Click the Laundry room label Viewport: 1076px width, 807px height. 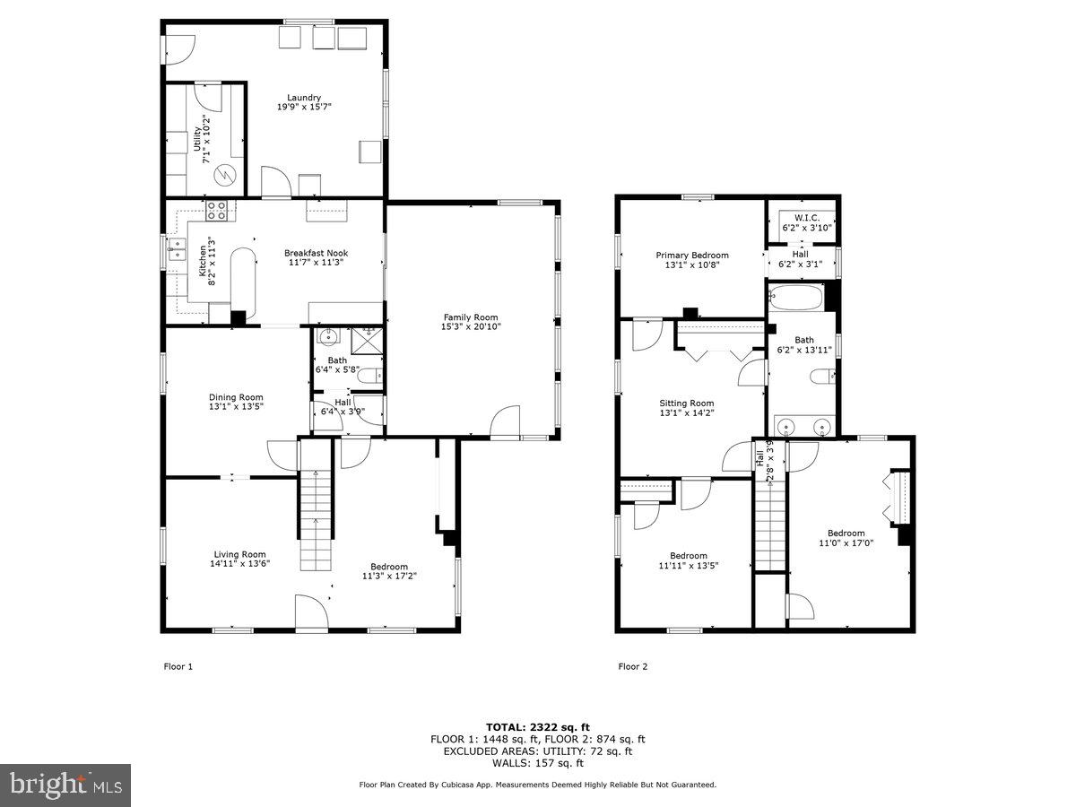pos(304,98)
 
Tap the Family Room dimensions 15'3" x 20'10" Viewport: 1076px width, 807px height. pos(471,327)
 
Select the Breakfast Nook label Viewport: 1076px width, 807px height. pos(316,254)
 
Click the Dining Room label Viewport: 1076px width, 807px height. pos(236,397)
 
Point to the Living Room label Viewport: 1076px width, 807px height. pos(239,554)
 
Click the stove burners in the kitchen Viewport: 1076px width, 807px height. pos(217,212)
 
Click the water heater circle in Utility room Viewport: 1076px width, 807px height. pos(225,174)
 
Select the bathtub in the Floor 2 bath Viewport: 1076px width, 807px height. pos(796,297)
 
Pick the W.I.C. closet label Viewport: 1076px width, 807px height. pos(801,217)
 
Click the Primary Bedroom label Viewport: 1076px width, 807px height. pos(691,256)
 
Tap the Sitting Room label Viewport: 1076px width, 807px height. pos(686,403)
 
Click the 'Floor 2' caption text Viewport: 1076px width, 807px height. pos(632,666)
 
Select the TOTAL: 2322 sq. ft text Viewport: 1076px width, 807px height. pos(537,727)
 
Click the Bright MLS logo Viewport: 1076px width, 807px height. pos(65,785)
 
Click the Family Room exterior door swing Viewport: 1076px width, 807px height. pos(506,421)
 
